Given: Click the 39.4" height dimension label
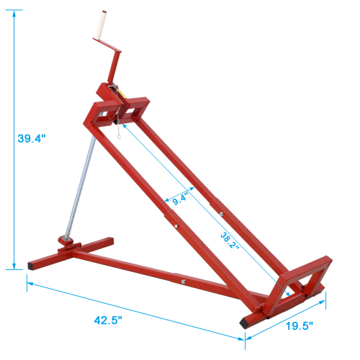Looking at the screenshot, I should pyautogui.click(x=32, y=139).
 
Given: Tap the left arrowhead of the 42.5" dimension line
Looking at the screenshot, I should pyautogui.click(x=30, y=283).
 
